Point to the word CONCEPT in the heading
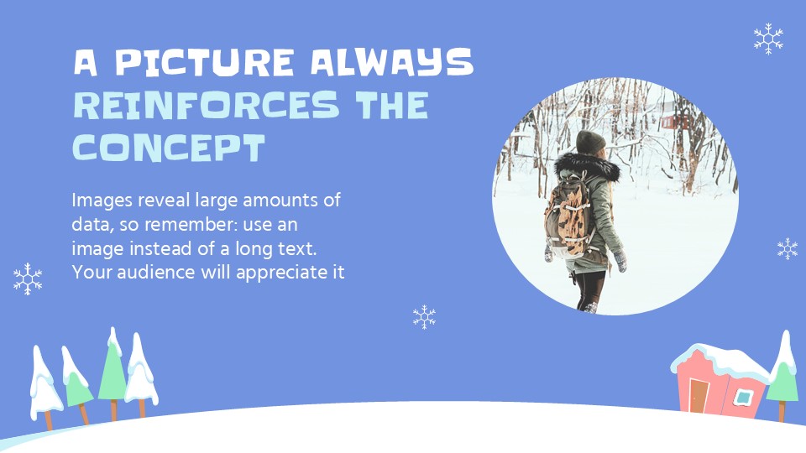[169, 148]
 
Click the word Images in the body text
[100, 201]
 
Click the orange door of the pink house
[699, 395]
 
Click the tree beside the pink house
[783, 373]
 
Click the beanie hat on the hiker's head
[590, 142]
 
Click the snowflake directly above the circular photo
[767, 39]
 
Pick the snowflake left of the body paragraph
[28, 279]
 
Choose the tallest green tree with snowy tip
[113, 370]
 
